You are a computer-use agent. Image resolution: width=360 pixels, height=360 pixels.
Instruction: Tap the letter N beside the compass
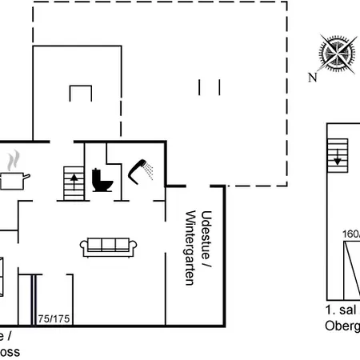tap(314, 78)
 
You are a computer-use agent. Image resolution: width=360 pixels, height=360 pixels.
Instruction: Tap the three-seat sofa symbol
tap(110, 246)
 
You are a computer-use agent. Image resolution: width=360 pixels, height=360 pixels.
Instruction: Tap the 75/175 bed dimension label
tap(53, 318)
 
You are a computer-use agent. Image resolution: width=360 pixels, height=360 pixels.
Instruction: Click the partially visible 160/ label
tap(350, 235)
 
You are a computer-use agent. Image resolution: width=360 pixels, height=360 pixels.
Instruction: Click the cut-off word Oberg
tap(342, 326)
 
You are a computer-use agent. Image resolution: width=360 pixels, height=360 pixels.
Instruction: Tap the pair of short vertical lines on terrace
tap(210, 87)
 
